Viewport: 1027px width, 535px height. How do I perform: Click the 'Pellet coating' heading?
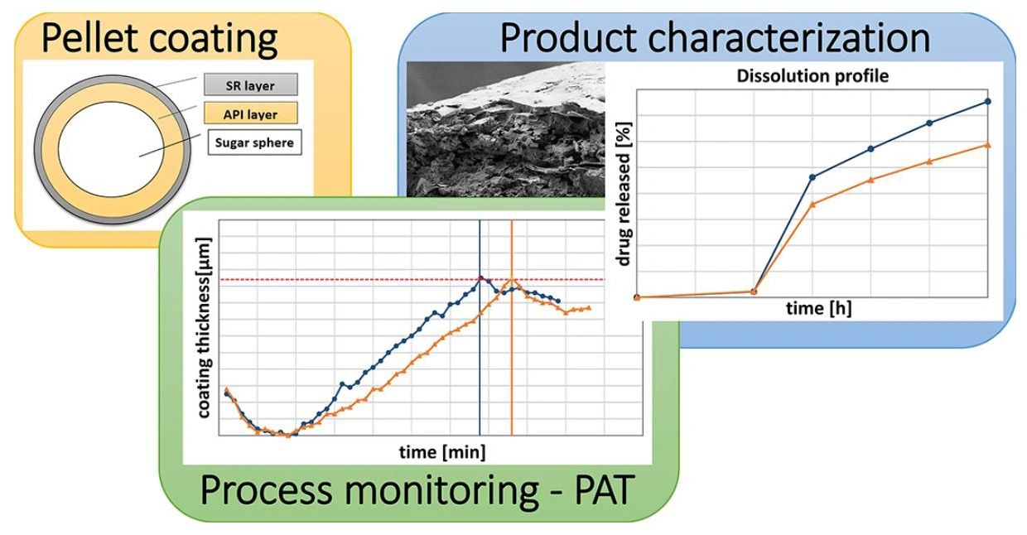[x=159, y=38]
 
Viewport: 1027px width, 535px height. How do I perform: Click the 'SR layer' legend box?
[x=251, y=84]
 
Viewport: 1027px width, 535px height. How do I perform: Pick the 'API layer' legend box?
[x=251, y=113]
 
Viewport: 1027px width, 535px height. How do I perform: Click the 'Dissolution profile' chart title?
[x=811, y=76]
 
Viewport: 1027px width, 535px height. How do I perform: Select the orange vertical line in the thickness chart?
[x=511, y=373]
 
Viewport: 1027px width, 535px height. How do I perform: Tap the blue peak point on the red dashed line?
[x=480, y=278]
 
